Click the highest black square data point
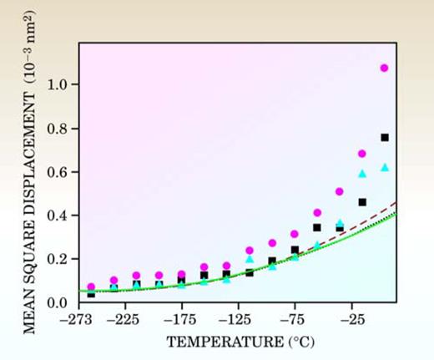385,137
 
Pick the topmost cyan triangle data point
385,167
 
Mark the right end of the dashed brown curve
396,202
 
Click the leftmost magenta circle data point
91,286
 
